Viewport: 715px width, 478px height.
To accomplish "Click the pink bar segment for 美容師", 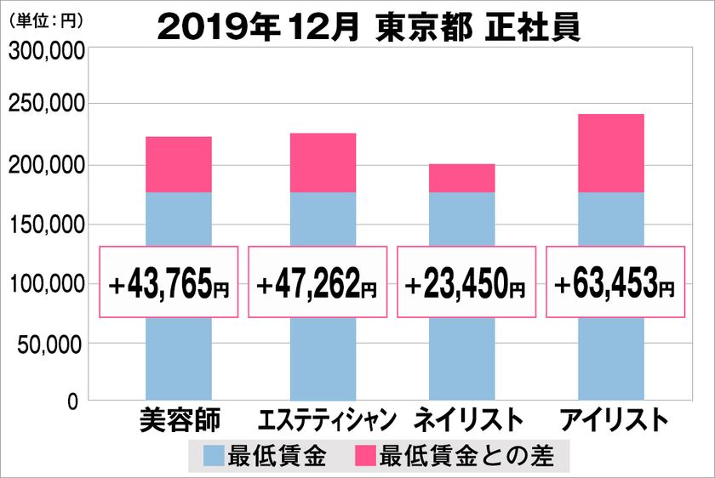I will tap(179, 165).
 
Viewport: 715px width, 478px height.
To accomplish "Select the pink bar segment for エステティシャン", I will tap(323, 163).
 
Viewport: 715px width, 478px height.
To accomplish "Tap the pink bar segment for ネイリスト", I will tap(461, 179).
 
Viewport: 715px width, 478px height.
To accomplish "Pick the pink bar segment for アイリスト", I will tap(609, 154).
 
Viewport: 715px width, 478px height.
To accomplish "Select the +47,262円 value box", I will tap(317, 282).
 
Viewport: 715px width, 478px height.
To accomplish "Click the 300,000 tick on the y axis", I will tap(46, 52).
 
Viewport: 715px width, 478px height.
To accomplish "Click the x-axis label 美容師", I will tap(179, 420).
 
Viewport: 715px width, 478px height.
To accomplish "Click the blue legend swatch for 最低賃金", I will tap(214, 457).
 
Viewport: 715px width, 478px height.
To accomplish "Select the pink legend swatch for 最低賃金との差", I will tap(364, 457).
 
